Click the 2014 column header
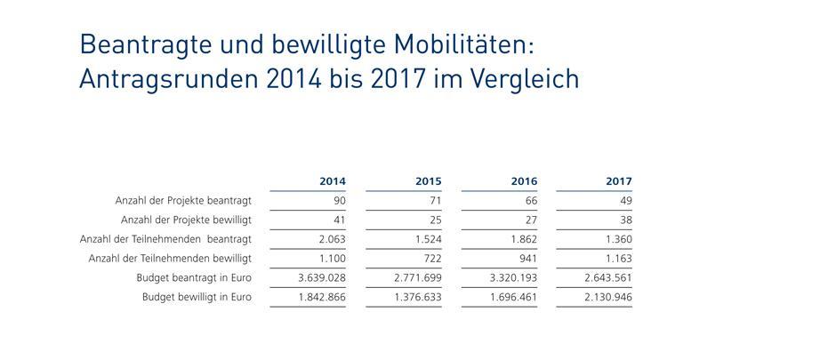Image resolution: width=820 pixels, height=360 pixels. pos(332,181)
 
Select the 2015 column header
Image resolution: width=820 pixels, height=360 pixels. pos(428,181)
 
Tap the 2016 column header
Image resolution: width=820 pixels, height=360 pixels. pos(524,181)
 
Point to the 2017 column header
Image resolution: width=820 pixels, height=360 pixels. pos(619,181)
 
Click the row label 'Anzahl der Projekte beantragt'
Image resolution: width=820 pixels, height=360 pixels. pos(183,201)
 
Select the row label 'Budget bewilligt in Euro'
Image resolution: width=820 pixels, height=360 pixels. pos(197,297)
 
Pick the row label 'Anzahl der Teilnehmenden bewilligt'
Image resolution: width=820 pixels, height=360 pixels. pos(170,259)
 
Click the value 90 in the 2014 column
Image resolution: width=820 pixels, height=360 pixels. pos(338,201)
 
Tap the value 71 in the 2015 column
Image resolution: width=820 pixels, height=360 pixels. pos(434,201)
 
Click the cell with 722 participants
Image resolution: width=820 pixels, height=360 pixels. pos(431,259)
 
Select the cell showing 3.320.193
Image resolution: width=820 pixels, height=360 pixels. pos(513,278)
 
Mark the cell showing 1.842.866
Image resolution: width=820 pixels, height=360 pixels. pos(321,297)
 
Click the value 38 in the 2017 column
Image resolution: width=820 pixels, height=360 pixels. pos(625,220)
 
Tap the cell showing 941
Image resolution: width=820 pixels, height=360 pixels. pos(527,259)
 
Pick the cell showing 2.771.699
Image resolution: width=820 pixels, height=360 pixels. pos(417,278)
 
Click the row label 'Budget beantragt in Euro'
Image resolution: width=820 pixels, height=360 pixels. pos(196,278)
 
